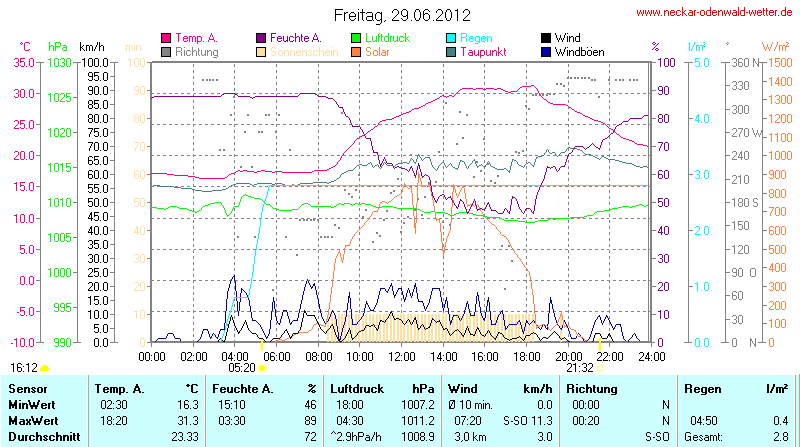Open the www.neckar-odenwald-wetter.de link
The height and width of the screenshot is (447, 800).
coord(716,13)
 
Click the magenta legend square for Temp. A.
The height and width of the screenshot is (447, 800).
coord(166,38)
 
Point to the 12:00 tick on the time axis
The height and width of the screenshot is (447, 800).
coord(401,355)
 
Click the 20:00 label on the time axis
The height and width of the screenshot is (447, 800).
coord(568,355)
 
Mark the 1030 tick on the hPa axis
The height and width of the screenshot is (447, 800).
coord(58,62)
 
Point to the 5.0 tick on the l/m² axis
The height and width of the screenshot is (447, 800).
coord(702,62)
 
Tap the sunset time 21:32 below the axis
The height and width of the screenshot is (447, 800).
coord(580,367)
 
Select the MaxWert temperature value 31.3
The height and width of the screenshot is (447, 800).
coord(187,419)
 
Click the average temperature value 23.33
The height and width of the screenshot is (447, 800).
coord(184,437)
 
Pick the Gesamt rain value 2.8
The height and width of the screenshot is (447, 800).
coord(780,437)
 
